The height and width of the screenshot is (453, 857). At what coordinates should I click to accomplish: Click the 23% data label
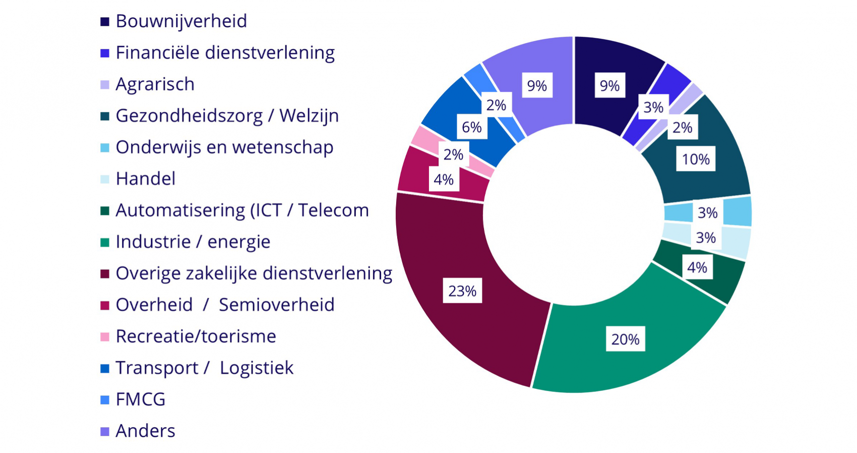[x=462, y=291]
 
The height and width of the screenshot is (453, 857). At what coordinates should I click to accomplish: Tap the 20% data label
[x=625, y=339]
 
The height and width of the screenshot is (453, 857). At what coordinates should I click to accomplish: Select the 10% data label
[x=696, y=160]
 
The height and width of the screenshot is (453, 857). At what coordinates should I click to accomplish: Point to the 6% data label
[x=471, y=127]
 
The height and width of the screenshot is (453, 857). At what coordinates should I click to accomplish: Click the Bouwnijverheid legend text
[x=181, y=21]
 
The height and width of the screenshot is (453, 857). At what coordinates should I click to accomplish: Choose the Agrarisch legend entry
[x=155, y=84]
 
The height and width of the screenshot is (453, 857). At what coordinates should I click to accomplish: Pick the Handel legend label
[x=145, y=179]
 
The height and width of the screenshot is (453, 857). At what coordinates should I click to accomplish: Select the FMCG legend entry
[x=140, y=400]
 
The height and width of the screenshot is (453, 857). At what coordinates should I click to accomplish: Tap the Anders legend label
[x=145, y=431]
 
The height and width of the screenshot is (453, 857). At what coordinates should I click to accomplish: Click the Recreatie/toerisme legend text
[x=196, y=336]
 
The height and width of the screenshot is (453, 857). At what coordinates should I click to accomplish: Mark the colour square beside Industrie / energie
[x=105, y=243]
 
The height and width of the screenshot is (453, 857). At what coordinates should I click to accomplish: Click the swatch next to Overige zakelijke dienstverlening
[x=105, y=274]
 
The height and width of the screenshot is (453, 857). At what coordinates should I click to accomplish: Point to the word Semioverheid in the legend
[x=276, y=305]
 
